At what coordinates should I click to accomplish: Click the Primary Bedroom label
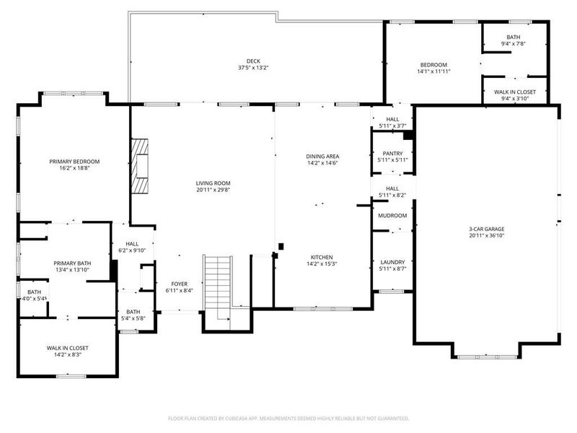coord(74,161)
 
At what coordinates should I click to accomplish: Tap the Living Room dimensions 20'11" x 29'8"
coord(212,191)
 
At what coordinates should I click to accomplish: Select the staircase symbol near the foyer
coord(217,281)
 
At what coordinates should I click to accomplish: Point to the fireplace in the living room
coord(141,165)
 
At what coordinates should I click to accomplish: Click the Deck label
coord(252,61)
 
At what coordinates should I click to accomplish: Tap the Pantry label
coord(392,153)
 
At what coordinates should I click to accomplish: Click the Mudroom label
coord(392,216)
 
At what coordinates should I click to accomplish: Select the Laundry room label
coord(392,262)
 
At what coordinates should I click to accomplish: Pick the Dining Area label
coord(322,156)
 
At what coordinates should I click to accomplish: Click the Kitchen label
coord(322,257)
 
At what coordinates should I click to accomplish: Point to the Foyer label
coord(179,284)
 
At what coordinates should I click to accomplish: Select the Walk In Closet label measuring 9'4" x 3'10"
coord(515,92)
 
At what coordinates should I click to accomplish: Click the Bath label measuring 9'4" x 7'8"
coord(513,37)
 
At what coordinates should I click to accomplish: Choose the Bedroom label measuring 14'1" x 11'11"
coord(433,64)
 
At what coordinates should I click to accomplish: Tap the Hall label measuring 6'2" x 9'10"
coord(132,244)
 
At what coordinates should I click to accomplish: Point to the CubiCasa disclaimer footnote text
coord(288,419)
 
